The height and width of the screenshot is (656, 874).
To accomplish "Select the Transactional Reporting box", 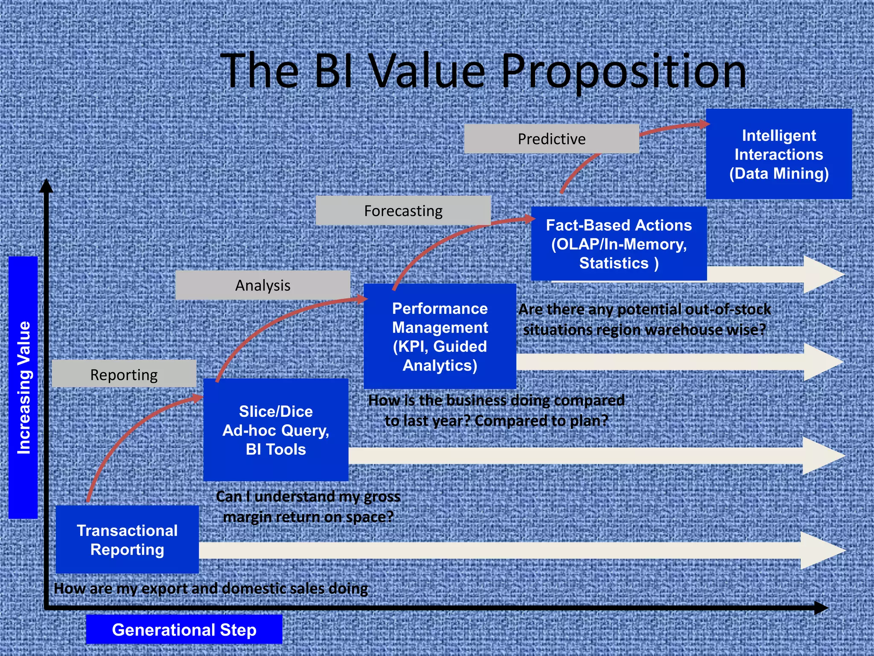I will pyautogui.click(x=127, y=539).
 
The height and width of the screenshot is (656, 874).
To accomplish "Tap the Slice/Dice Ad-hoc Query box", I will pyautogui.click(x=276, y=430).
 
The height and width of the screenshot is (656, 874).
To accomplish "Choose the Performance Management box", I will pyautogui.click(x=440, y=336).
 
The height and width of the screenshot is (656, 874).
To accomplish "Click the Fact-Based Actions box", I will pyautogui.click(x=618, y=243).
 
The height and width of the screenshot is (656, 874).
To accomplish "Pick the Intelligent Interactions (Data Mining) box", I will pyautogui.click(x=778, y=154).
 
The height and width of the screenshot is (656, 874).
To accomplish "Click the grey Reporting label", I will pyautogui.click(x=124, y=374).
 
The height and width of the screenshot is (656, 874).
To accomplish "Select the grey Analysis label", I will pyautogui.click(x=262, y=285).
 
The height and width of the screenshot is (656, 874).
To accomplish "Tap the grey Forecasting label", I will pyautogui.click(x=403, y=211).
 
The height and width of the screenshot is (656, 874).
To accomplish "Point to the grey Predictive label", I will pyautogui.click(x=551, y=139).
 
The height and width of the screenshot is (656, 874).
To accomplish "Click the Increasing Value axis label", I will pyautogui.click(x=23, y=387).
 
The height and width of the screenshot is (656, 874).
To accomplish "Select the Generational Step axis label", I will pyautogui.click(x=184, y=630).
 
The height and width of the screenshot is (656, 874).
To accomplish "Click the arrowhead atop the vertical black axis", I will pyautogui.click(x=46, y=186).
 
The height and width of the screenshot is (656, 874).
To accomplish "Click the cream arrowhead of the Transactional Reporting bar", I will pyautogui.click(x=822, y=551).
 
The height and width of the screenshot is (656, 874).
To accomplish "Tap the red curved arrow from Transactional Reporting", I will pyautogui.click(x=124, y=431).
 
